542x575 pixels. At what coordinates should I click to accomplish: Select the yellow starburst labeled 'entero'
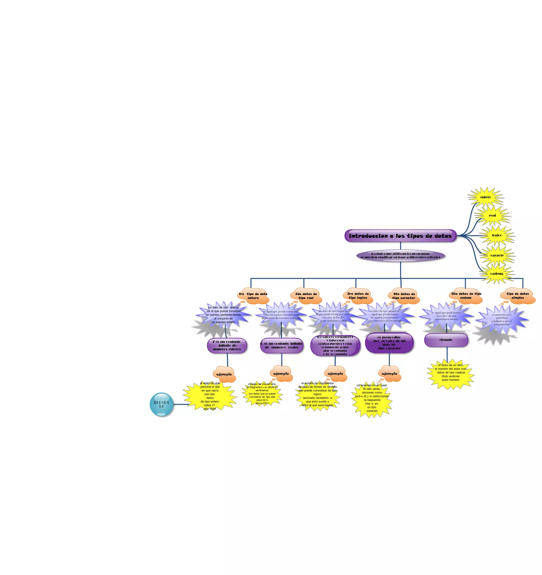coord(486,197)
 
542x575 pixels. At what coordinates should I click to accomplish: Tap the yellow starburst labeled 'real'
coord(492,215)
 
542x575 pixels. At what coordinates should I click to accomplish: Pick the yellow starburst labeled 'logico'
coord(497,235)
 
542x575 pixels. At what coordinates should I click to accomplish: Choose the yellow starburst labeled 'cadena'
coord(497,274)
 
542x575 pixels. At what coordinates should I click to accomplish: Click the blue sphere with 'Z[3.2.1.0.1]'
coord(161,404)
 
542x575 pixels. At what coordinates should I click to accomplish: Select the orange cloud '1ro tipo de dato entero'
coord(254,296)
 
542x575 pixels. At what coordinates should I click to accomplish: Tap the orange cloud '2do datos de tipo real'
coord(306,296)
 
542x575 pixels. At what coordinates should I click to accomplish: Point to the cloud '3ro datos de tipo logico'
coord(358,296)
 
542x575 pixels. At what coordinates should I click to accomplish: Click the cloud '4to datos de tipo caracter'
coord(404,296)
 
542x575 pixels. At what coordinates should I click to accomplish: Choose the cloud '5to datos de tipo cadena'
coord(466,296)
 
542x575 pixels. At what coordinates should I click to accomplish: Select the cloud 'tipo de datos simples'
coord(517,296)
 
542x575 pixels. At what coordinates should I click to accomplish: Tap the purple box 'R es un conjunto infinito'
coord(282,346)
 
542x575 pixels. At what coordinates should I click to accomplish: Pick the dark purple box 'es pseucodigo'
coord(389,343)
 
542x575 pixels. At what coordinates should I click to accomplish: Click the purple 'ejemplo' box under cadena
coord(446,340)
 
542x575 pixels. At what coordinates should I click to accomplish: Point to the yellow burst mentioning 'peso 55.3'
coord(262,394)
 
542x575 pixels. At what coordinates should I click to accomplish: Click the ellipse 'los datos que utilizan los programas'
coord(400,256)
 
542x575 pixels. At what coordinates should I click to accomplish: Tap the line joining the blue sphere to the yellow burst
coord(181,404)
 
